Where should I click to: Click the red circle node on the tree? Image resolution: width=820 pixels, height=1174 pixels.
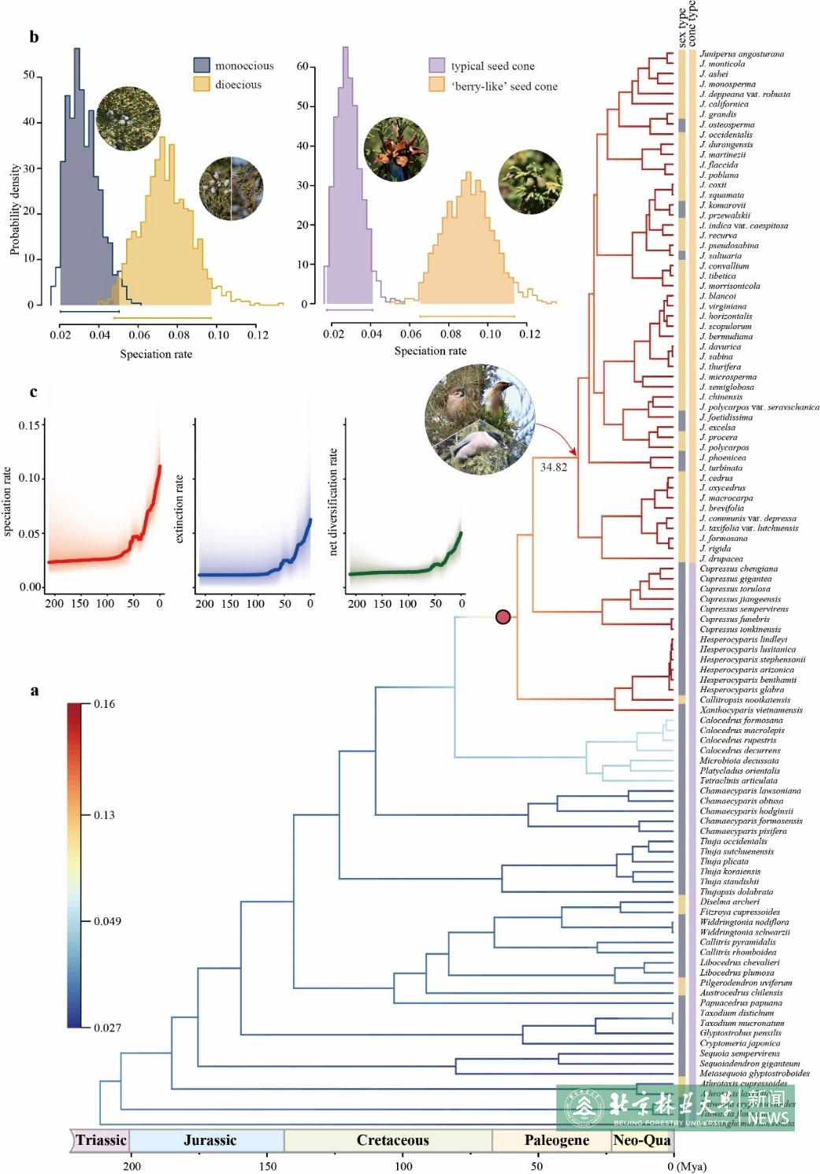(503, 617)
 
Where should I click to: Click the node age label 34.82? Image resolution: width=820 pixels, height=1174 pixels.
(553, 467)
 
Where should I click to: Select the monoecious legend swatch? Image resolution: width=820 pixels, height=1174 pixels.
(202, 65)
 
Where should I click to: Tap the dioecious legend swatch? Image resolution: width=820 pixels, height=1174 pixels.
(202, 84)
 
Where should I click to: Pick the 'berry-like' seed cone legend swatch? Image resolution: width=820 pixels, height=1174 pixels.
(436, 85)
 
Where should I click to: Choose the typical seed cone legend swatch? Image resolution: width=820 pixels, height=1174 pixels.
(436, 65)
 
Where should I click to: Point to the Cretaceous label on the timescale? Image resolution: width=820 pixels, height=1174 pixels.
(392, 1140)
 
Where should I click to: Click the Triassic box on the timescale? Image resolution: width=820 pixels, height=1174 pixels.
(101, 1140)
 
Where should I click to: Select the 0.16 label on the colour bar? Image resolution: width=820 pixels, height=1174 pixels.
(104, 704)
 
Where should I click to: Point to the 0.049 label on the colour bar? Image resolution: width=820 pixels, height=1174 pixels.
(107, 921)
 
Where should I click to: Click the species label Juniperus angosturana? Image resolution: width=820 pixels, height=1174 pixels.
(741, 54)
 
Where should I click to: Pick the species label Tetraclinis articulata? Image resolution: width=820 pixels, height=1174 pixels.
(738, 780)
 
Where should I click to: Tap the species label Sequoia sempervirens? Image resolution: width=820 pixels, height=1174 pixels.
(740, 1053)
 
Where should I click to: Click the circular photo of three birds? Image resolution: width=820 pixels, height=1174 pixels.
(480, 420)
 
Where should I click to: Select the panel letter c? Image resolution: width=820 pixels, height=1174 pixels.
(33, 391)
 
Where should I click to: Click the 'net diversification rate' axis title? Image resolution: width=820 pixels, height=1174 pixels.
(333, 502)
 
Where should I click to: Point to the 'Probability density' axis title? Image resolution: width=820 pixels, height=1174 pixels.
(14, 209)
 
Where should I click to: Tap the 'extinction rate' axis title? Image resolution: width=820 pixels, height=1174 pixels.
(180, 509)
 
